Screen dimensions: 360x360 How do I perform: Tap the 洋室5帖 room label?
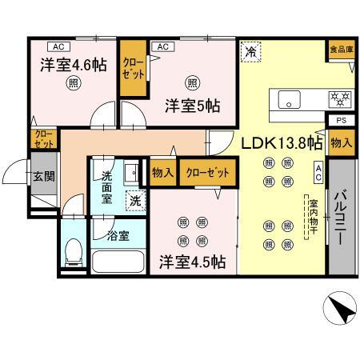(192, 106)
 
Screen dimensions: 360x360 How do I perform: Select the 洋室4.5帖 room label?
(191, 261)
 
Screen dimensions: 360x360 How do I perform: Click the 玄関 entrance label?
(42, 178)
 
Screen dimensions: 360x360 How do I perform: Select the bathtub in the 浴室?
(119, 262)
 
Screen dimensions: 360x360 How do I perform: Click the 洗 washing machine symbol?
(135, 201)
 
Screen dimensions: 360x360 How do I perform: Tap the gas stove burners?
(342, 100)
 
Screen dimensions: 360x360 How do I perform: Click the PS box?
(342, 121)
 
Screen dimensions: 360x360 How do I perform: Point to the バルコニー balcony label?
(340, 217)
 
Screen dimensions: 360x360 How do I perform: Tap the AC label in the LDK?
(318, 172)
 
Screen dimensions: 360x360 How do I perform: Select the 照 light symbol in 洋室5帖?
(192, 82)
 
